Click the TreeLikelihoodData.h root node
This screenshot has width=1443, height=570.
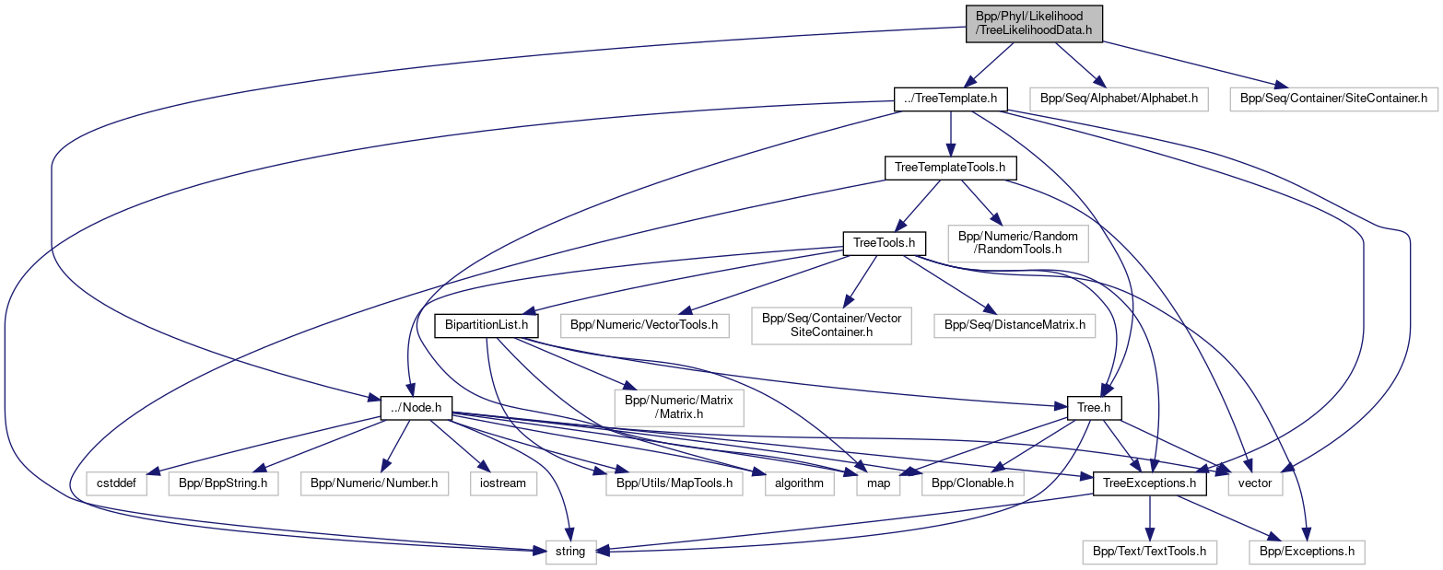[x=1033, y=23]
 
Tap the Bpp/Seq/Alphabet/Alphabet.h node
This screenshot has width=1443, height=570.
[x=1119, y=98]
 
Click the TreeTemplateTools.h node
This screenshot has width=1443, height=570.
[x=951, y=169]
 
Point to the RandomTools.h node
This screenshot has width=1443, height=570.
[x=1018, y=243]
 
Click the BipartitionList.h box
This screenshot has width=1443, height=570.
[x=487, y=325]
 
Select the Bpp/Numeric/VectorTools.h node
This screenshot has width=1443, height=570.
[x=645, y=325]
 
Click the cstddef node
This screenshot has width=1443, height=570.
[x=117, y=483]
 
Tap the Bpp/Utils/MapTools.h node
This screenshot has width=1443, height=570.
[x=674, y=483]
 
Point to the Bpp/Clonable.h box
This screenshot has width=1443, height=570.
[x=972, y=483]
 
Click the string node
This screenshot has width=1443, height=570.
[x=570, y=553]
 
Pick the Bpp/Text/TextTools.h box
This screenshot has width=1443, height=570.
[x=1149, y=553]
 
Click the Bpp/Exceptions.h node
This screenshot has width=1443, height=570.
[x=1307, y=553]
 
